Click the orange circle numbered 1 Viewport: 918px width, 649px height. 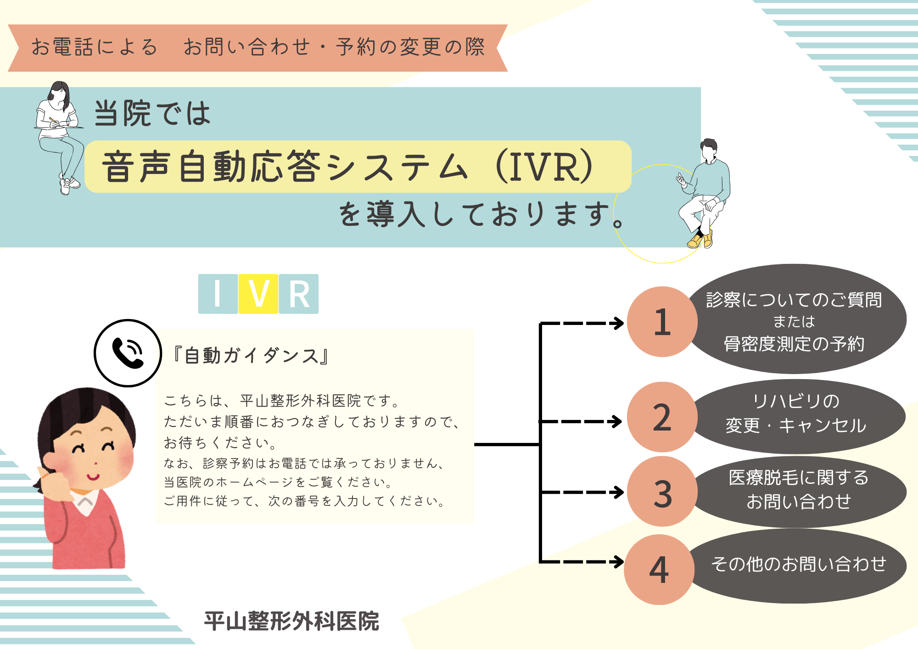662,322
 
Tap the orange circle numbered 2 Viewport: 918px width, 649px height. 662,417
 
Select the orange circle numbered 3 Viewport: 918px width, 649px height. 662,492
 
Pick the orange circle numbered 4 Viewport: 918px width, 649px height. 659,570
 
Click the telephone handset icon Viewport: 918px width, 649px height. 128,353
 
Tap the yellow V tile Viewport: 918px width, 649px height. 258,294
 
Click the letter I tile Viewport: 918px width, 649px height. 218,294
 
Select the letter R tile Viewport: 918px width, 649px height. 299,294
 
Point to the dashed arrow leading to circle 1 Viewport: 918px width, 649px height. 583,323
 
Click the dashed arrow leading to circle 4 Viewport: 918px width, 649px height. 583,561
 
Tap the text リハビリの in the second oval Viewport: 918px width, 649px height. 796,401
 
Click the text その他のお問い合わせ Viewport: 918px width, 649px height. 799,564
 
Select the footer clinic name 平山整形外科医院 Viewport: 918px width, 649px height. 291,621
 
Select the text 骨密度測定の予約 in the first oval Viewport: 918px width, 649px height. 794,344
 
